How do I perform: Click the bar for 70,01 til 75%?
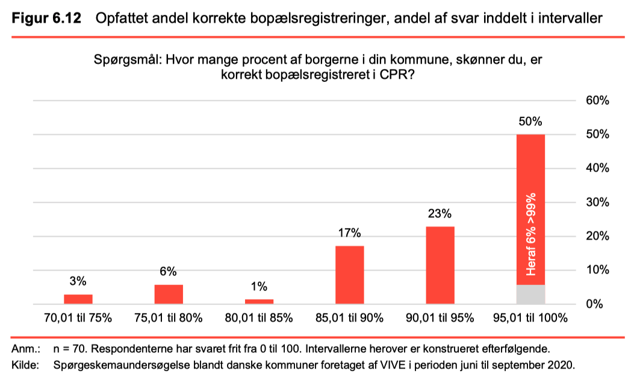click(x=78, y=299)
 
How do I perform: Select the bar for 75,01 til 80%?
click(x=169, y=294)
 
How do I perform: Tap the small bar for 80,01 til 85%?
click(x=259, y=301)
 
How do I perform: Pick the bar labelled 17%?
click(x=350, y=275)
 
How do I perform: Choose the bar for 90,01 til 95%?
click(x=440, y=265)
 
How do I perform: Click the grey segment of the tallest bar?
click(x=530, y=294)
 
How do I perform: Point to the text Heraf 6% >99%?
click(x=531, y=234)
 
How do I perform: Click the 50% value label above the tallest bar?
click(x=530, y=121)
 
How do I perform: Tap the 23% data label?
click(x=440, y=213)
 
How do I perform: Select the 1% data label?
click(x=259, y=287)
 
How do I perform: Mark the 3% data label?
click(x=78, y=281)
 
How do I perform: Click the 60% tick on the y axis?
click(x=598, y=101)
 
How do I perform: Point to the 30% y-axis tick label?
click(x=598, y=202)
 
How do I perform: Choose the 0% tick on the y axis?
click(x=594, y=304)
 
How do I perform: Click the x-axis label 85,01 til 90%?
click(x=349, y=318)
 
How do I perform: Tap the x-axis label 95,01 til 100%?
click(x=530, y=318)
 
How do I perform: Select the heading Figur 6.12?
click(x=46, y=18)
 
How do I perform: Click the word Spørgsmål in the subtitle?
click(x=128, y=60)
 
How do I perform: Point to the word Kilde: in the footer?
click(x=25, y=365)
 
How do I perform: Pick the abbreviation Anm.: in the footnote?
click(x=26, y=349)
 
